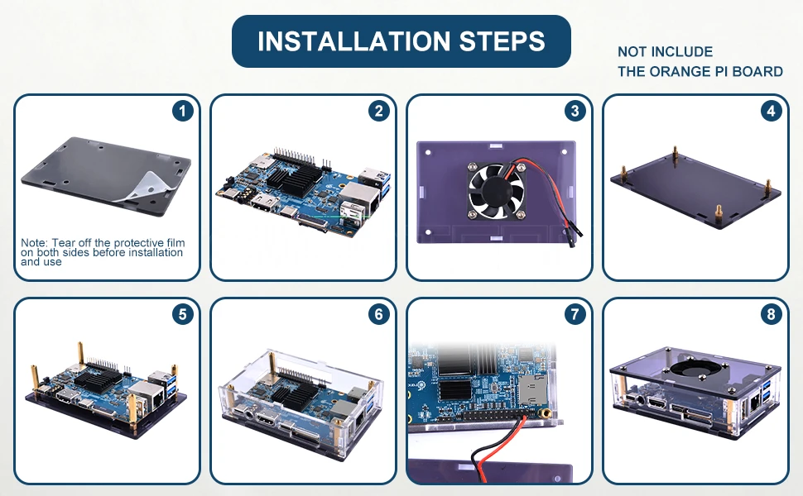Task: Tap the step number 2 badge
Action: (x=378, y=111)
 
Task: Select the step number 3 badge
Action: (x=575, y=111)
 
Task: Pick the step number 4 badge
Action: (x=771, y=111)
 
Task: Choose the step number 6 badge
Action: (x=378, y=314)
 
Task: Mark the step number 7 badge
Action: (x=575, y=314)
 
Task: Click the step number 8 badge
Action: (x=771, y=314)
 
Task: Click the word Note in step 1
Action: (x=35, y=242)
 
